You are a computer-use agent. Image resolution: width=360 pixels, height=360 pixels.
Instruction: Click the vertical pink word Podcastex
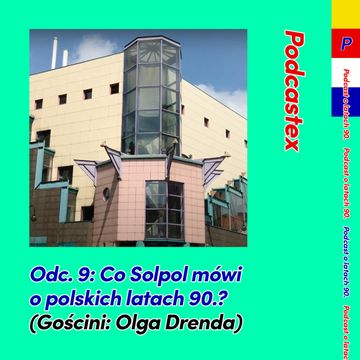click(x=292, y=90)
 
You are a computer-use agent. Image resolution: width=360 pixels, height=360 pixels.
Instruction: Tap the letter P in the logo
click(x=346, y=44)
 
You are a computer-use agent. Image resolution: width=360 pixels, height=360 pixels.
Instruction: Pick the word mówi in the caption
click(x=220, y=274)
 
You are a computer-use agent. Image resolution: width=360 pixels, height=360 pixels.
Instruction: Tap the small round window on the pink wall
click(x=107, y=192)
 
